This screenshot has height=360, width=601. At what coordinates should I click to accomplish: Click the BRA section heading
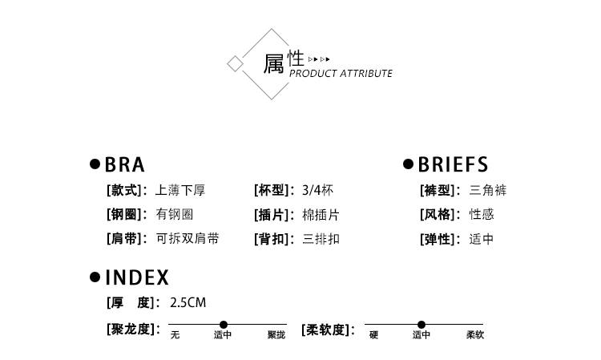[125, 165]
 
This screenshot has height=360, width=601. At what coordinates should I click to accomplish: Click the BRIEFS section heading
[453, 165]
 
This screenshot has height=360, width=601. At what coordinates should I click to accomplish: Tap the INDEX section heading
[137, 278]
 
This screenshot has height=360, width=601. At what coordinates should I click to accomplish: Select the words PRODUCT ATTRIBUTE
[341, 74]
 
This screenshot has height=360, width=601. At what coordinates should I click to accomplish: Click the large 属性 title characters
[284, 62]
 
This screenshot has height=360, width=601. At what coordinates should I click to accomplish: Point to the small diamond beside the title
[235, 64]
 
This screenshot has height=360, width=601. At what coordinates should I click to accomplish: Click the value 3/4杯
[318, 191]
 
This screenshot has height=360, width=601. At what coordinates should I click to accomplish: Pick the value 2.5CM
[188, 303]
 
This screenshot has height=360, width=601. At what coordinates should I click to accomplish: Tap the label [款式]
[127, 191]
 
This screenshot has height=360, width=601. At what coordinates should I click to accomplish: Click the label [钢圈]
[127, 215]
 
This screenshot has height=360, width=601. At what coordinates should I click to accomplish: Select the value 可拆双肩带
[188, 239]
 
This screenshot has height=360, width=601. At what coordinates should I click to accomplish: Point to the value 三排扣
[321, 239]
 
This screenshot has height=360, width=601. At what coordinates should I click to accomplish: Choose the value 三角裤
[488, 191]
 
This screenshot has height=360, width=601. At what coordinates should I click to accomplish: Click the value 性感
[482, 215]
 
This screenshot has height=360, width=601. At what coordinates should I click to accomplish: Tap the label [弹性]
[440, 239]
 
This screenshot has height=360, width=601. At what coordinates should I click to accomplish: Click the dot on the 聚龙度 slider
[224, 325]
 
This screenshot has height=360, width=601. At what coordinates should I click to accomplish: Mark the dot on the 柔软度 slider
[422, 325]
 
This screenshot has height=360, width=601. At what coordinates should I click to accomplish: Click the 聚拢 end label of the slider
[276, 335]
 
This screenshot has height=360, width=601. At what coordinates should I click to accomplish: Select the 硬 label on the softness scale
[373, 335]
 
